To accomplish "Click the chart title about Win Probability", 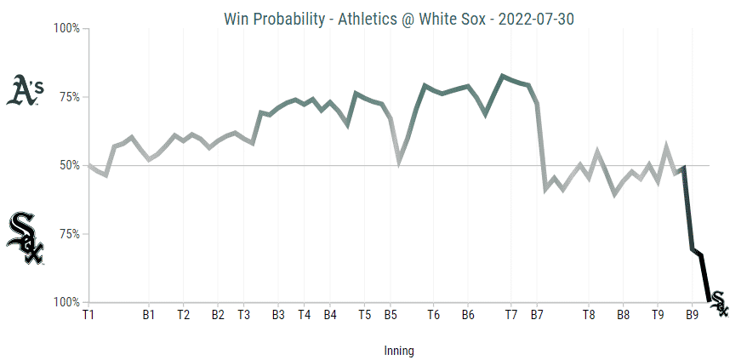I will pos(374,18).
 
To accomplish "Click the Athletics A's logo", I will pos(25,91).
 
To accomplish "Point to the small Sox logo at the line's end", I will pos(719,303).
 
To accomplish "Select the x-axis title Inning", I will pos(397,350).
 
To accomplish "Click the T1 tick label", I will pos(88,315).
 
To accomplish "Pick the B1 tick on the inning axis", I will pos(149,315).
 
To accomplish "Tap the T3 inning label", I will pos(243,315).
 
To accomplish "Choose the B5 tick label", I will pos(390,315).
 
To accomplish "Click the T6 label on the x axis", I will pos(433,315).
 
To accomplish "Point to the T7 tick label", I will pos(510,315).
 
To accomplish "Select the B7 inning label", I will pos(537,315).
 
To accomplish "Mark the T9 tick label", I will pos(658,315).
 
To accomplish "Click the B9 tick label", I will pos(692,315).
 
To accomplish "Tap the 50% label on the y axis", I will pos(67,165).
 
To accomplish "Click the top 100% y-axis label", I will pos(66,28).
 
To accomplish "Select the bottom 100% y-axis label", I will pos(66,302).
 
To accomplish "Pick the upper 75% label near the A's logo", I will pos(67,97).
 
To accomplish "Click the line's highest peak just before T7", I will pos(502,76).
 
